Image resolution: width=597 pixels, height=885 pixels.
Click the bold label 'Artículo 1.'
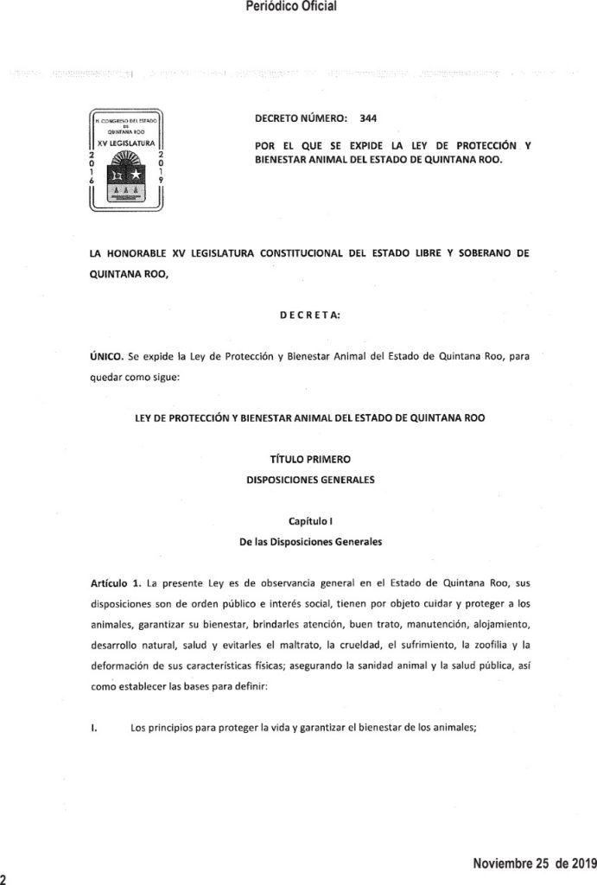point(117,585)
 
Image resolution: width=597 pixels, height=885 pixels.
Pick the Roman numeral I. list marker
point(92,728)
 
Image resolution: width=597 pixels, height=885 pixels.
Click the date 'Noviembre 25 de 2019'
point(529,863)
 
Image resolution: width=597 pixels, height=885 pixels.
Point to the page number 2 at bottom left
point(4,877)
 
